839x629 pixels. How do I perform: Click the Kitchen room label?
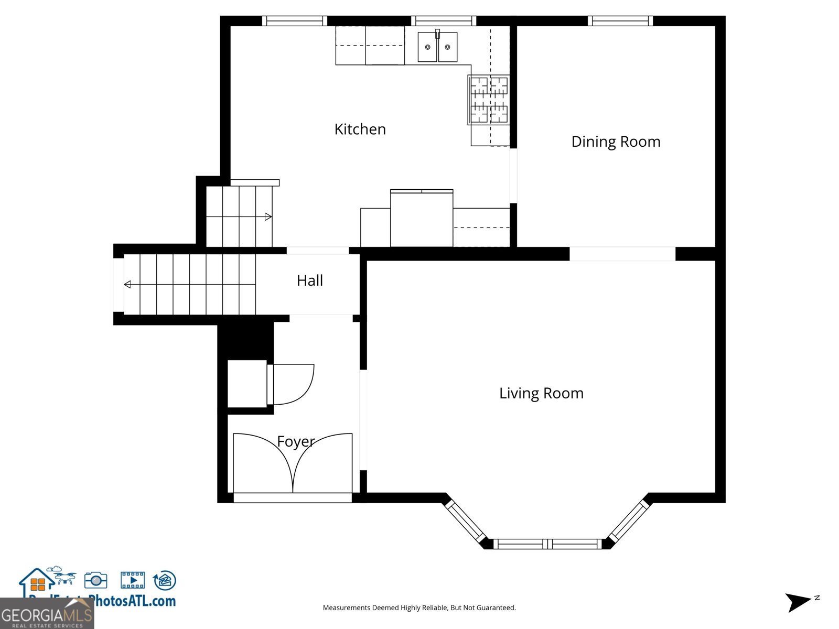(360, 129)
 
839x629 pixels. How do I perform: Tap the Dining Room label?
(616, 142)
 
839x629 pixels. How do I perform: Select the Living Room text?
(541, 393)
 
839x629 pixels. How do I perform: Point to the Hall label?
(309, 280)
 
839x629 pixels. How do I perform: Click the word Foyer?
(296, 442)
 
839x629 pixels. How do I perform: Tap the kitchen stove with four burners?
(489, 100)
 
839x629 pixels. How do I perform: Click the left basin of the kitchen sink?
(427, 47)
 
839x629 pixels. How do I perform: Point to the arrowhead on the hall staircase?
(127, 285)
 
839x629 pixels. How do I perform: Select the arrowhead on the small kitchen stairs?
(268, 216)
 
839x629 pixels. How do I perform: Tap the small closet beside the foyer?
(247, 384)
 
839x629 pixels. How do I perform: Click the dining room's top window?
(620, 21)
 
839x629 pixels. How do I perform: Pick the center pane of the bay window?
(547, 544)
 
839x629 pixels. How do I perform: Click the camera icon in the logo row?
(96, 580)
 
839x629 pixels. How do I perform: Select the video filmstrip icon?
(133, 580)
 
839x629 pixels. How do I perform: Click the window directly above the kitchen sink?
(443, 21)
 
